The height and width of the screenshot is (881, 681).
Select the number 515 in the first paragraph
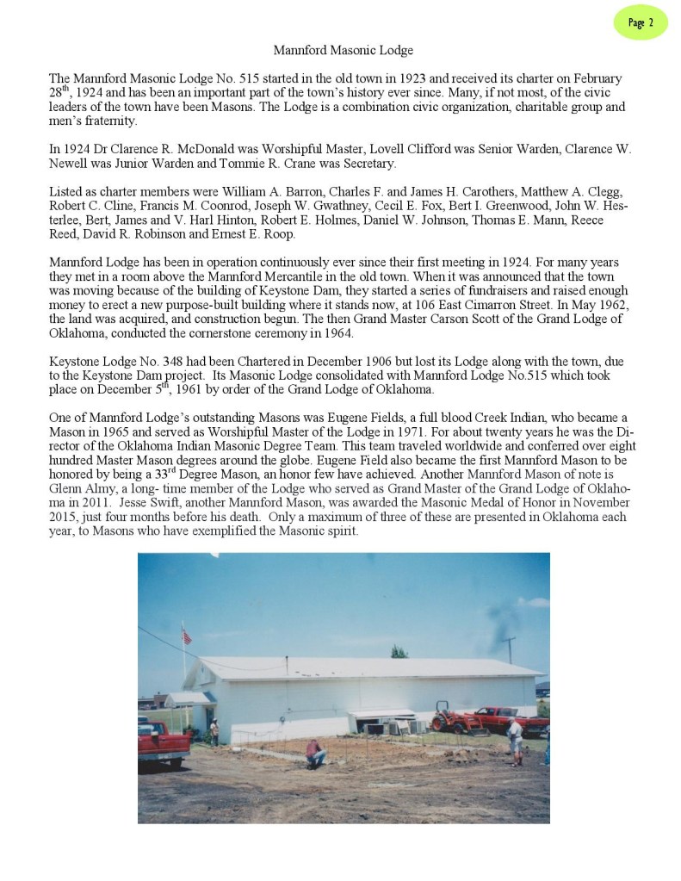[221, 78]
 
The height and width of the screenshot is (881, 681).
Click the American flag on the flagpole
[186, 636]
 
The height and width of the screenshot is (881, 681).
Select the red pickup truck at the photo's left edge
[161, 740]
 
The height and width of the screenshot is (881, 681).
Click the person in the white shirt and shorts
[515, 740]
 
